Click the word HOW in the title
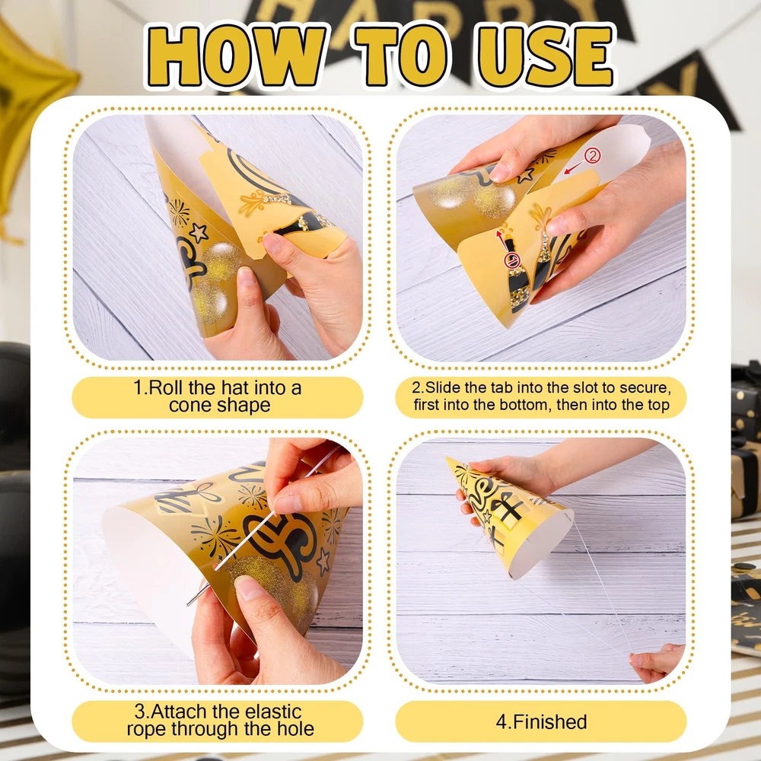pyautogui.click(x=237, y=56)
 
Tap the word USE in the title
pyautogui.click(x=546, y=56)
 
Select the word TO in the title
pyautogui.click(x=402, y=56)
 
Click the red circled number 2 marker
pyautogui.click(x=592, y=156)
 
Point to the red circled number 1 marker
pyautogui.click(x=512, y=260)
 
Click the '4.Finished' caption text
pyautogui.click(x=541, y=721)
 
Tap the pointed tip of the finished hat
pyautogui.click(x=447, y=458)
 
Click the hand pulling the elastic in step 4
pyautogui.click(x=658, y=661)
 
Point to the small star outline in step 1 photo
pyautogui.click(x=199, y=233)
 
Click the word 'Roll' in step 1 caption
pyautogui.click(x=164, y=388)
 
